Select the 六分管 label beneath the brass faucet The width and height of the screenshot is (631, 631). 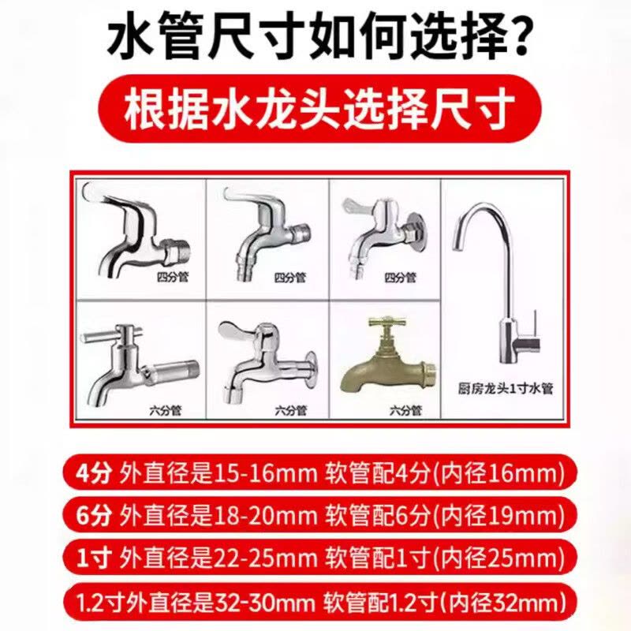point(405,410)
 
